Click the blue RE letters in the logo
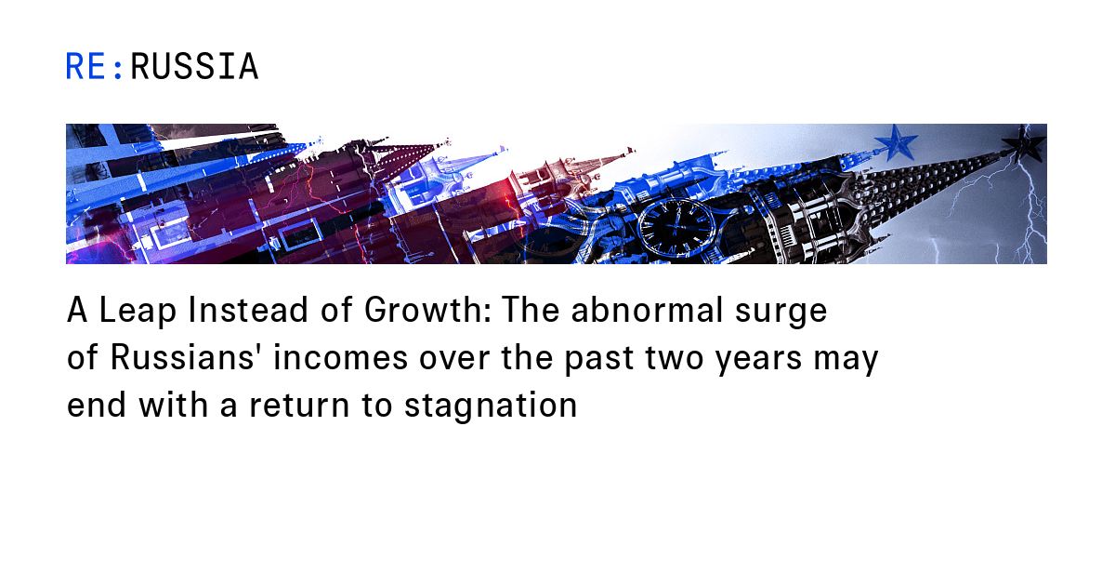pos(86,67)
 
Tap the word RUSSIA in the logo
pos(194,67)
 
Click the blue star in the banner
pos(895,142)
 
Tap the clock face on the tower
pos(676,226)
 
